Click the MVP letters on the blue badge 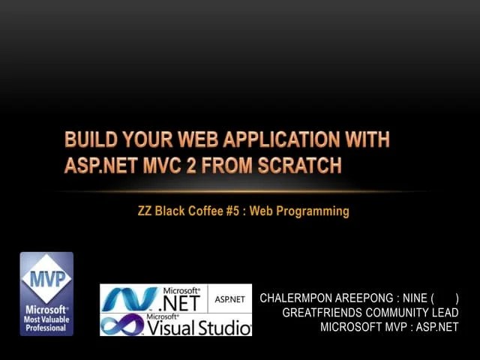click(46, 277)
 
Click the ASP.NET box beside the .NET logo click(229, 298)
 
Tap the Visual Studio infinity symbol click(121, 325)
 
